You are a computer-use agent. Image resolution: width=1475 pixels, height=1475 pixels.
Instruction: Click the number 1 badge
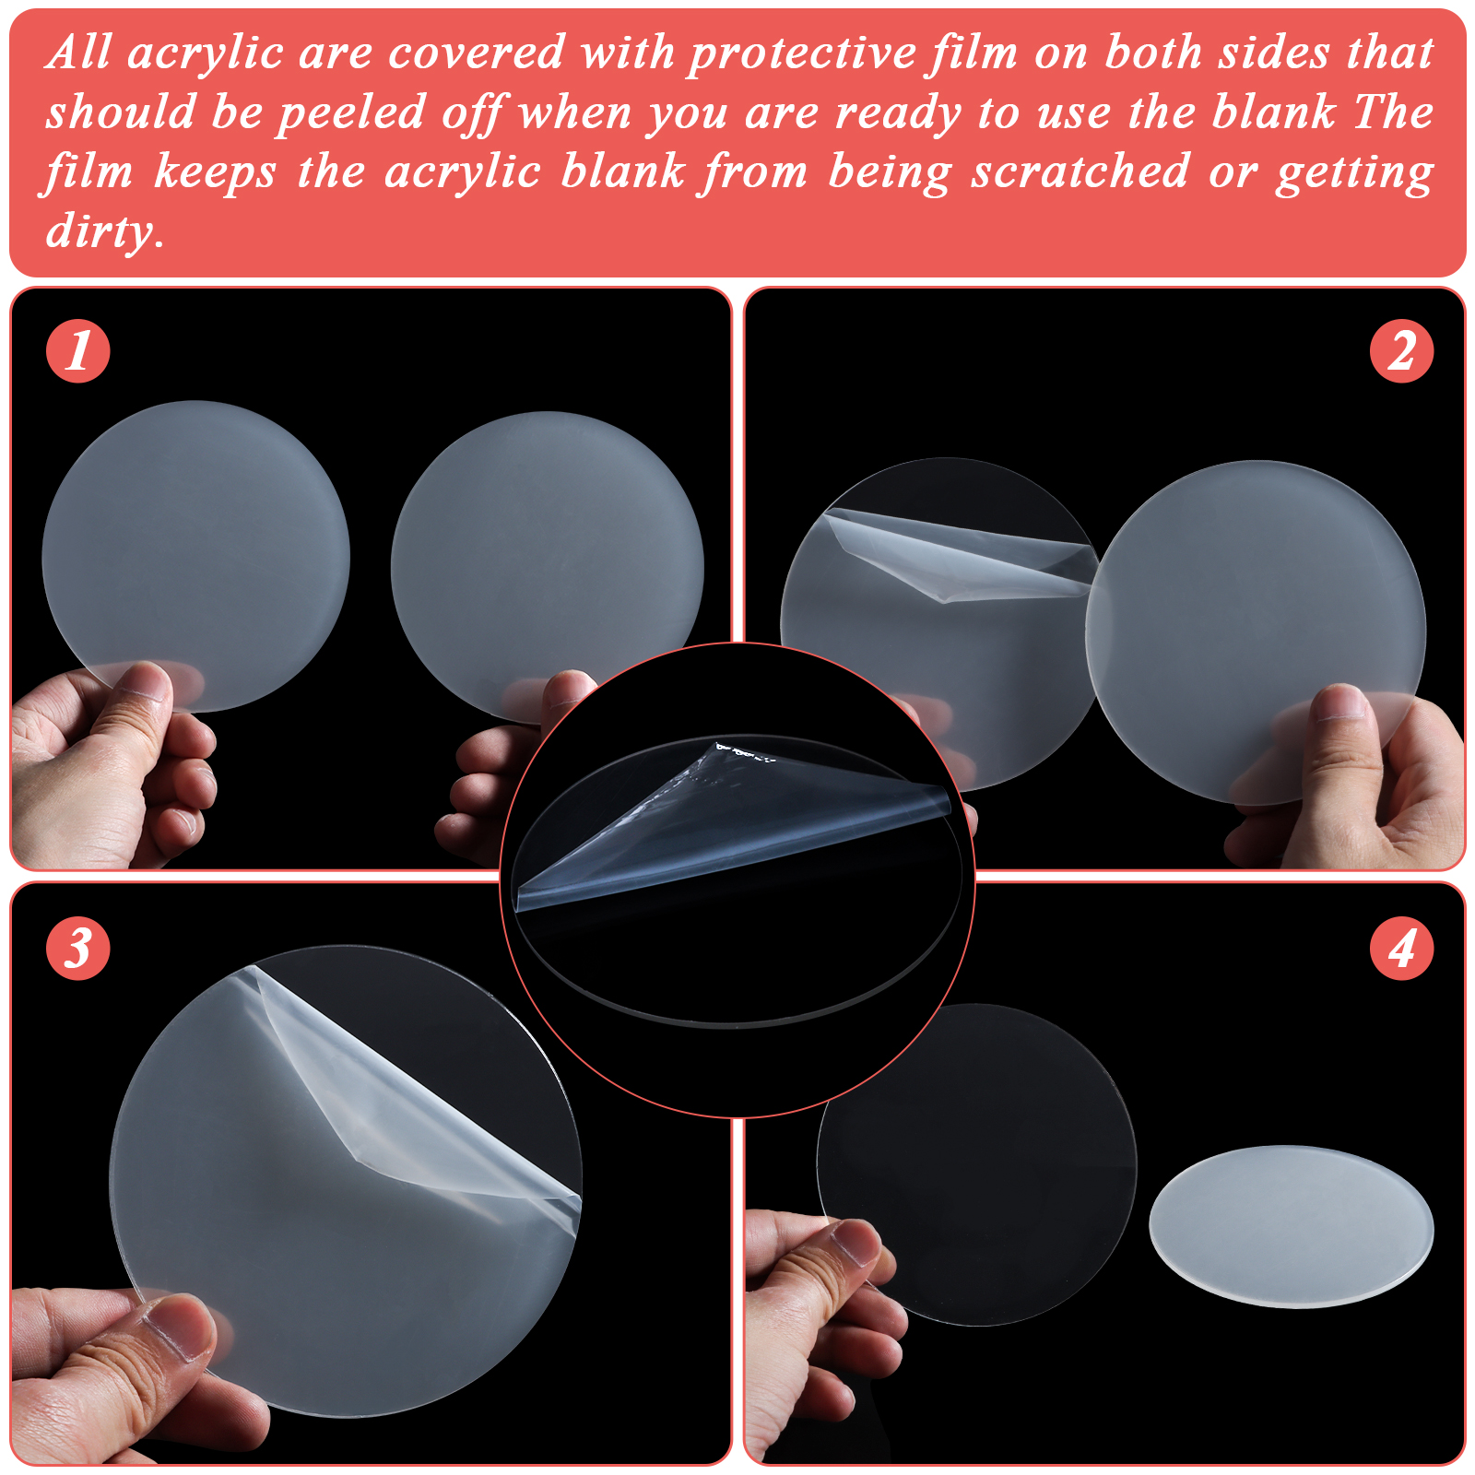coord(78,351)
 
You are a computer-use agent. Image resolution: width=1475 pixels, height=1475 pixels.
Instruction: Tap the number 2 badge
coord(1401,351)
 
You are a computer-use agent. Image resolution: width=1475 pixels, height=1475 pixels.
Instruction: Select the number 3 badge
coord(78,948)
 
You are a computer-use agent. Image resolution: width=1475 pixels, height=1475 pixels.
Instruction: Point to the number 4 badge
coord(1401,948)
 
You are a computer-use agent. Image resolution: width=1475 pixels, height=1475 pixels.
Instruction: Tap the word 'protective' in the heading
coord(801,54)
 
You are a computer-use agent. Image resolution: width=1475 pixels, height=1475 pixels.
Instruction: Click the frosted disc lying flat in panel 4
coord(1291,1226)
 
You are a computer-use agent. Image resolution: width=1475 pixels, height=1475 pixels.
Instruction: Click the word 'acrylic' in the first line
coord(205,54)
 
